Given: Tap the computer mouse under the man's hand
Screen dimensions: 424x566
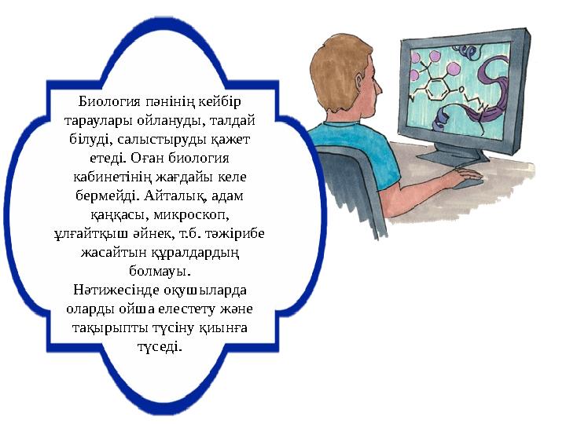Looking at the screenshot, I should [469, 182].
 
